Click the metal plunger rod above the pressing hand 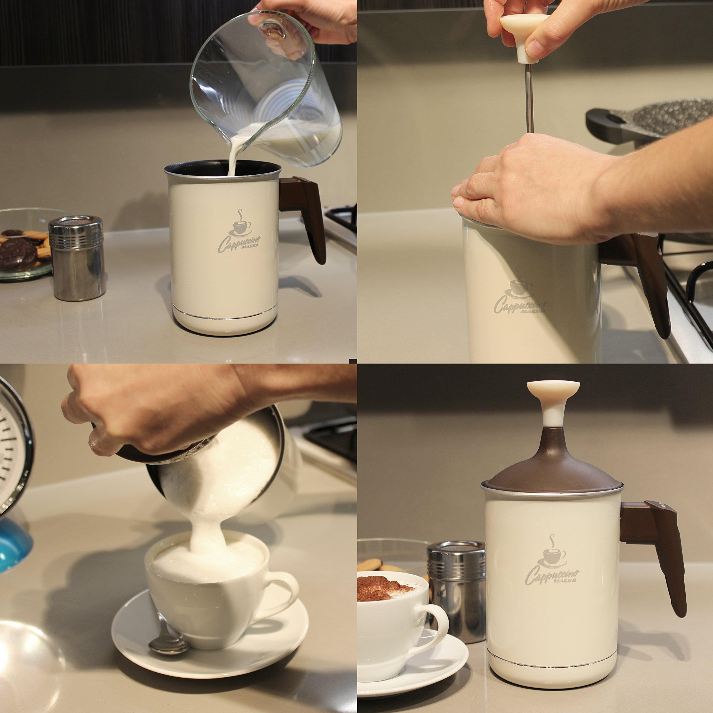[529, 98]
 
